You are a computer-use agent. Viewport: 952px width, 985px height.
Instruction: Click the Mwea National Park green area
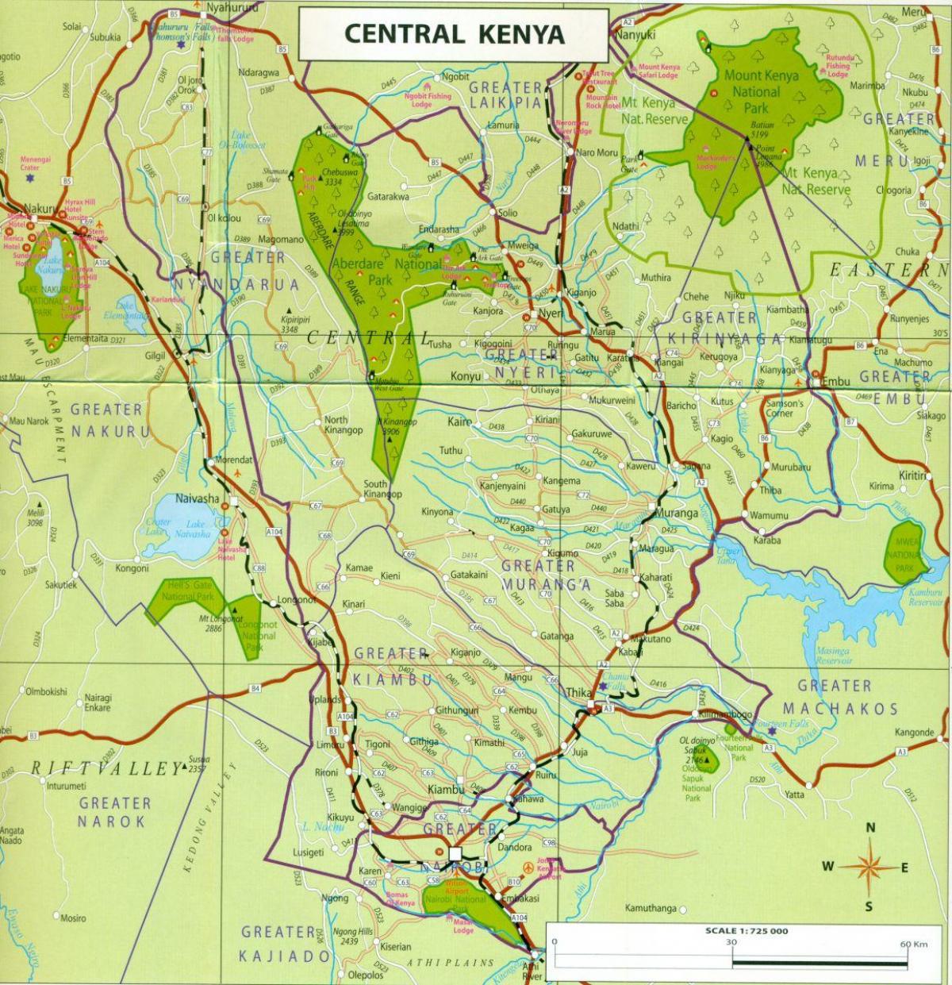(904, 552)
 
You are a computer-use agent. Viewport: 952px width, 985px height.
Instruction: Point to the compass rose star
(869, 864)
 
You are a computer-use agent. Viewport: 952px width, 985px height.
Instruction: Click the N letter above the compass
(870, 829)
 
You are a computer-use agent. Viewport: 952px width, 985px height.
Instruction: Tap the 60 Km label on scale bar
(912, 944)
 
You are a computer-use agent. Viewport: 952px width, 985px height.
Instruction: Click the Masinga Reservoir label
(832, 656)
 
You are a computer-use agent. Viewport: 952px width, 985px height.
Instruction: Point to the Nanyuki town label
(635, 35)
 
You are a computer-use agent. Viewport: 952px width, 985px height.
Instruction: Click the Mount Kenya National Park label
(751, 91)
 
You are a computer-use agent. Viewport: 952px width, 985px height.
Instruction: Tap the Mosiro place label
(72, 918)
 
